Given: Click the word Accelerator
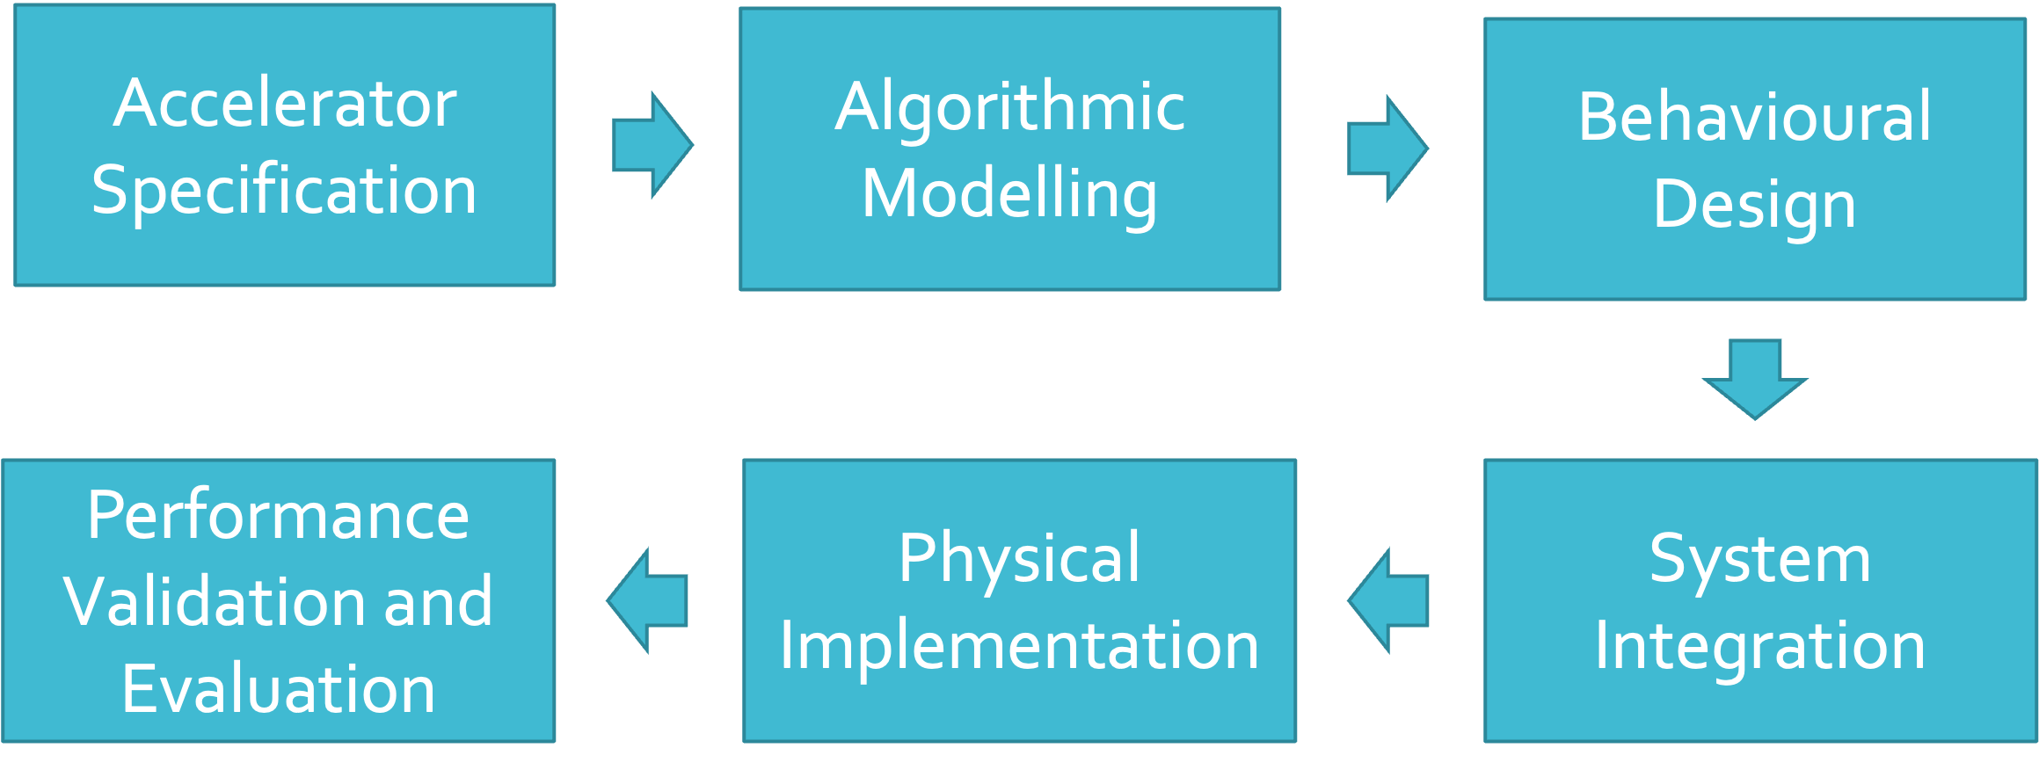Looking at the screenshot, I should (285, 104).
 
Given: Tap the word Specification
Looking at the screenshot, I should (284, 191).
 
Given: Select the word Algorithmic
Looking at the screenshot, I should (1010, 107).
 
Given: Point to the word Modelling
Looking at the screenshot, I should (1009, 194).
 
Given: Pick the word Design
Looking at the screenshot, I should (1755, 204).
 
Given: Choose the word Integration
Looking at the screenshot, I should (1760, 646).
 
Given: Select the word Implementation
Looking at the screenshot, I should (1019, 646).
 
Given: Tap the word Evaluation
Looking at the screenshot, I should (278, 689).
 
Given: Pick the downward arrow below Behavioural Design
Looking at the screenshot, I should (1755, 379).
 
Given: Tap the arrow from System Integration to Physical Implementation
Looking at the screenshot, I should (1388, 600).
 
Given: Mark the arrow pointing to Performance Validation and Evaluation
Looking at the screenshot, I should (648, 600).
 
